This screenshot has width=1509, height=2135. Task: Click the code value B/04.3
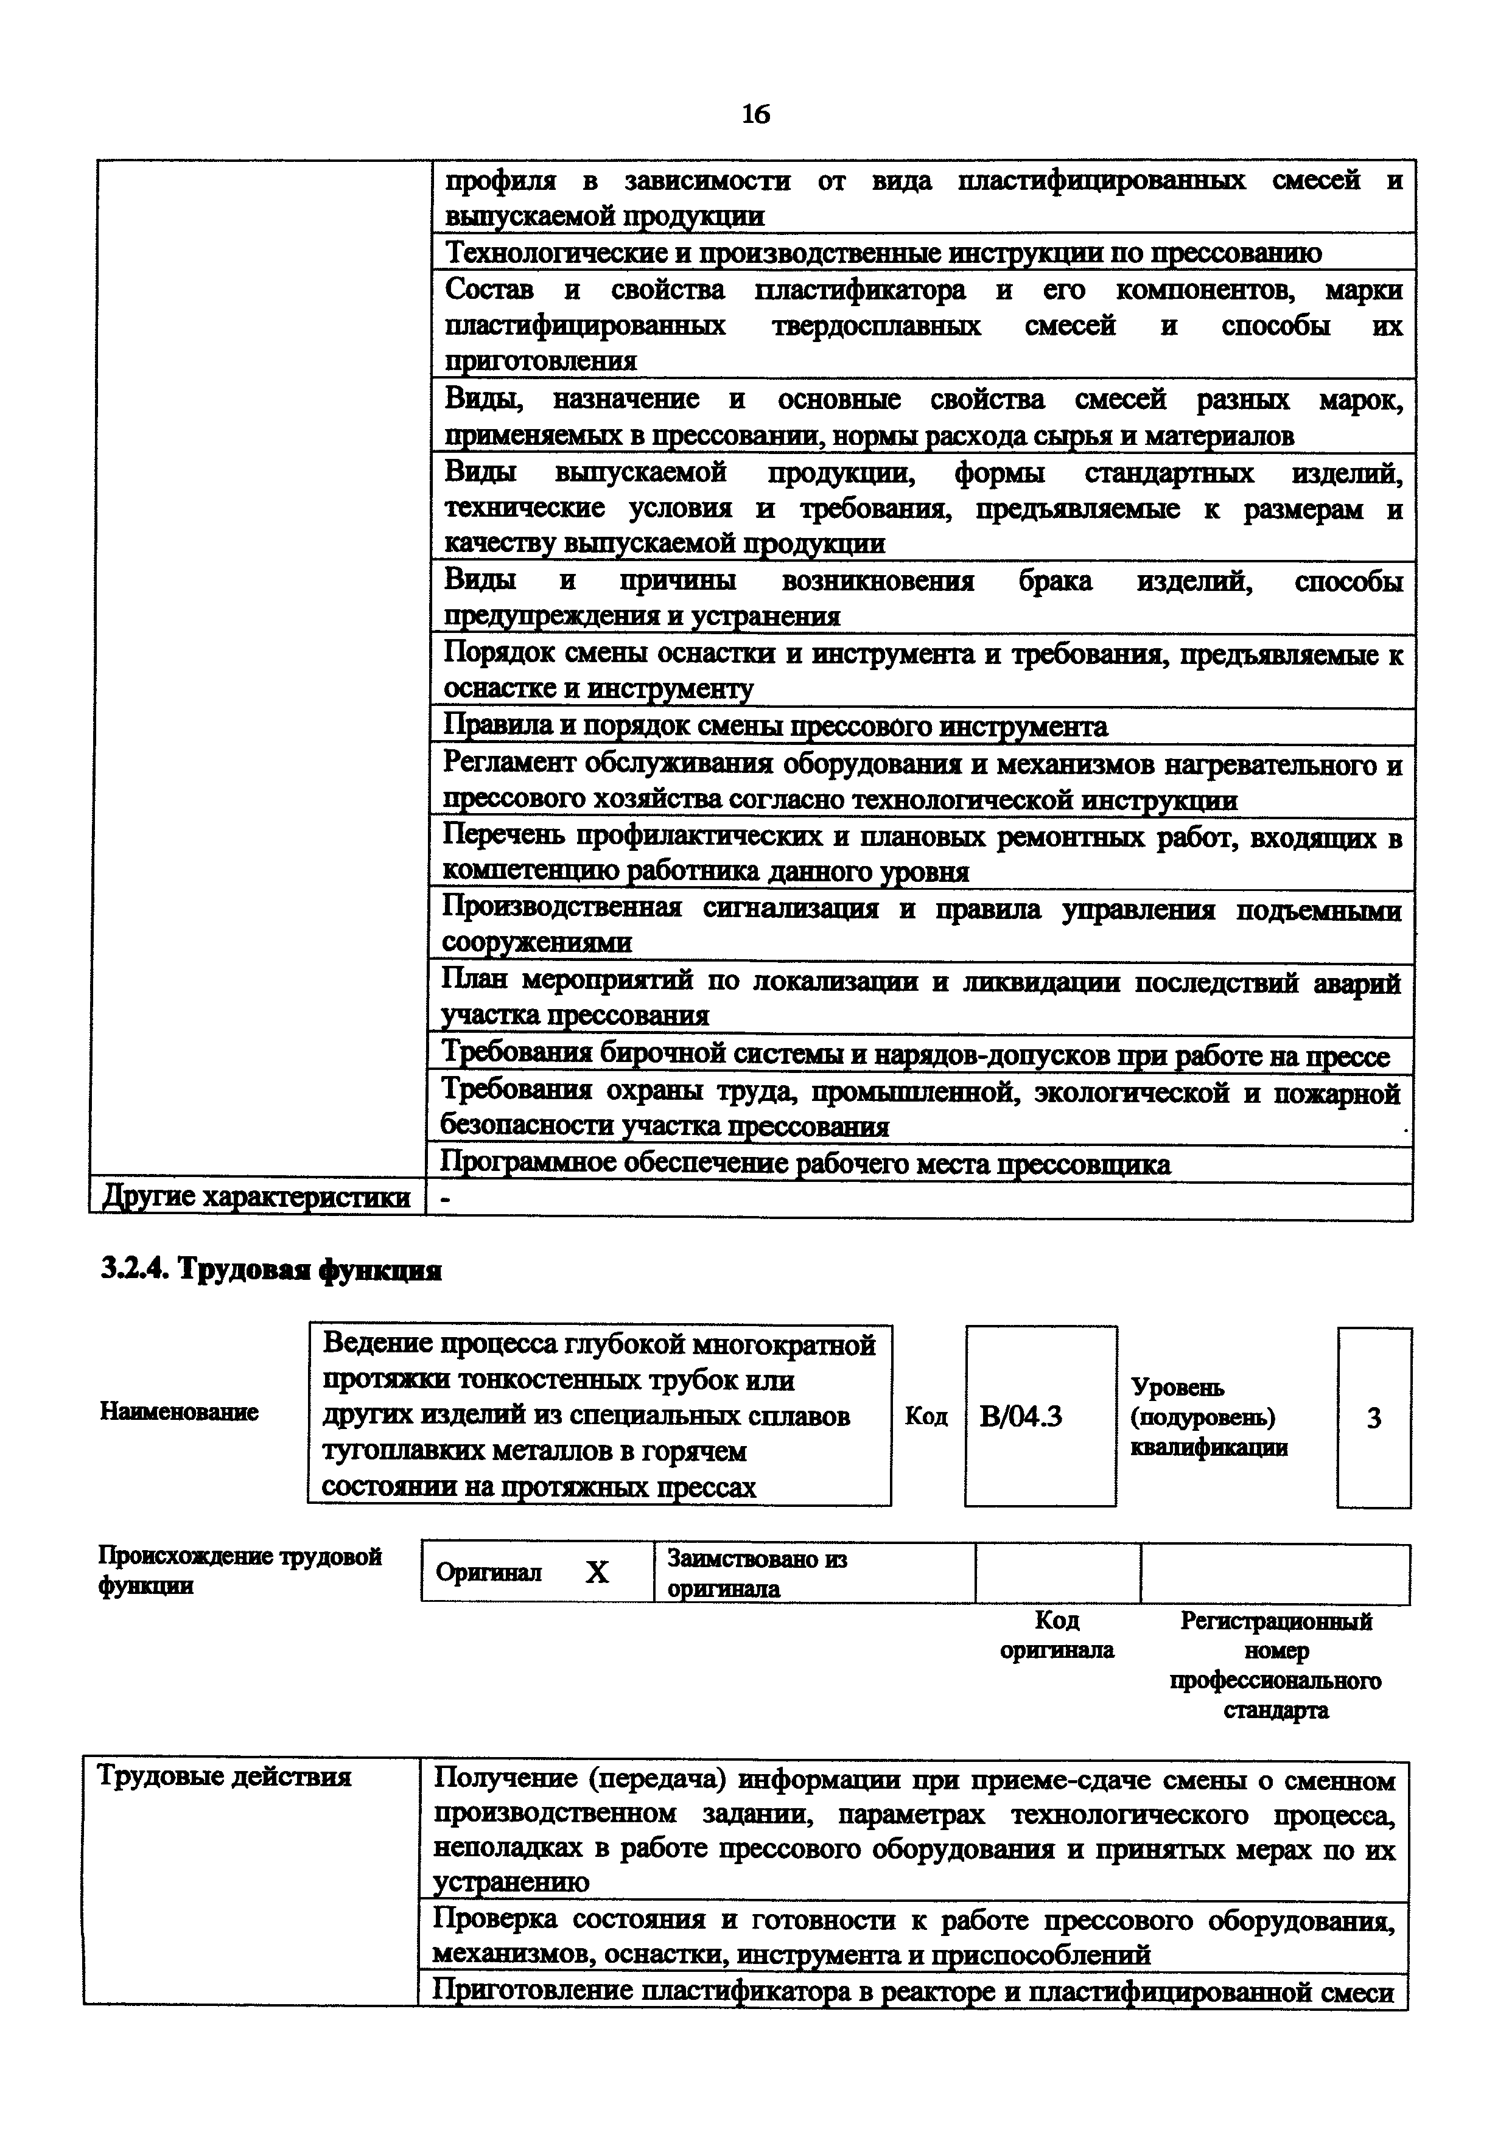pos(1020,1416)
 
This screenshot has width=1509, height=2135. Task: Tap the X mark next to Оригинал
pos(597,1571)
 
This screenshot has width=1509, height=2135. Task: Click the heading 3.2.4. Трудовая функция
pos(270,1270)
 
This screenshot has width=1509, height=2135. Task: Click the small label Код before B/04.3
pos(926,1416)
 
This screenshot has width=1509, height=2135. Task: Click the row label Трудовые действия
pos(224,1777)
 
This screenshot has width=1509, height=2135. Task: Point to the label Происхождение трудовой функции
pos(240,1571)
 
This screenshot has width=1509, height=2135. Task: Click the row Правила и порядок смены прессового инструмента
pos(776,726)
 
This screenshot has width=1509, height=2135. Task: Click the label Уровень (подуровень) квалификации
pos(1209,1417)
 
